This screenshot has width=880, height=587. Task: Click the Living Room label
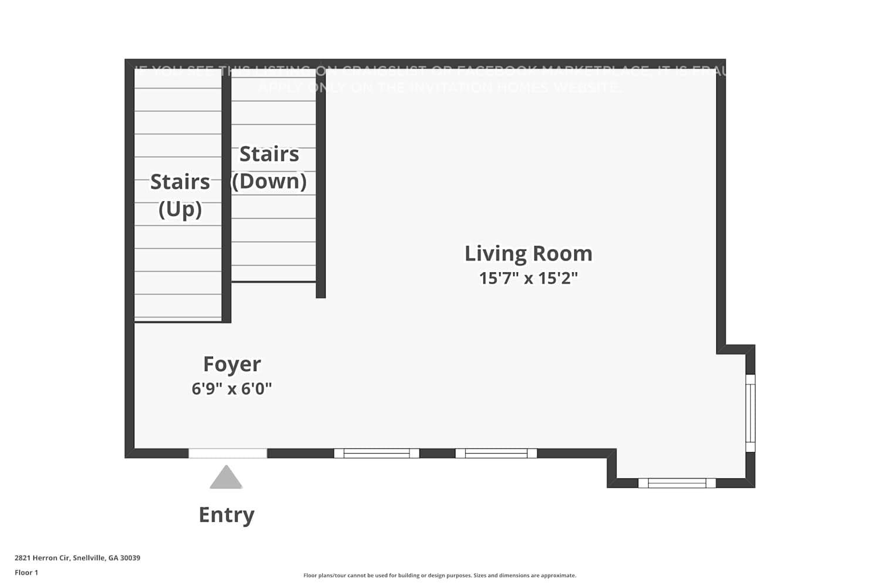click(x=528, y=254)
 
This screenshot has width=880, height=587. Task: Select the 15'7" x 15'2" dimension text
click(x=528, y=278)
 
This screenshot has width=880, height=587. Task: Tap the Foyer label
click(x=232, y=364)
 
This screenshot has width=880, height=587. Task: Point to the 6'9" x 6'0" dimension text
click(x=232, y=389)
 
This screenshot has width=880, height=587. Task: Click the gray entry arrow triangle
click(x=226, y=478)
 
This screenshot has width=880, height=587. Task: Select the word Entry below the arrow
click(x=226, y=515)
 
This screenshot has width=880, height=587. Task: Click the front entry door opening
click(x=228, y=453)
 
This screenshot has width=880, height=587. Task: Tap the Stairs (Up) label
click(x=180, y=195)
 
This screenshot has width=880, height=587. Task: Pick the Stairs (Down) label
click(x=269, y=167)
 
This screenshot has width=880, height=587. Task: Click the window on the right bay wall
click(x=750, y=413)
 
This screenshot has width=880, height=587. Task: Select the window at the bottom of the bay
click(x=677, y=483)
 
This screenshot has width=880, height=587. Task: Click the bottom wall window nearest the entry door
click(x=377, y=453)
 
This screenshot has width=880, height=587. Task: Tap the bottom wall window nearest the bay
click(x=496, y=453)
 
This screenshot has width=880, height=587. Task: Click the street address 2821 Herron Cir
click(x=77, y=558)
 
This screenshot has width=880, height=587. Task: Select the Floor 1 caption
click(x=26, y=572)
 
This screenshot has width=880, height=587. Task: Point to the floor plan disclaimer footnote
click(x=439, y=575)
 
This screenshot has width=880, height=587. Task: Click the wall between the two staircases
click(x=226, y=194)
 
